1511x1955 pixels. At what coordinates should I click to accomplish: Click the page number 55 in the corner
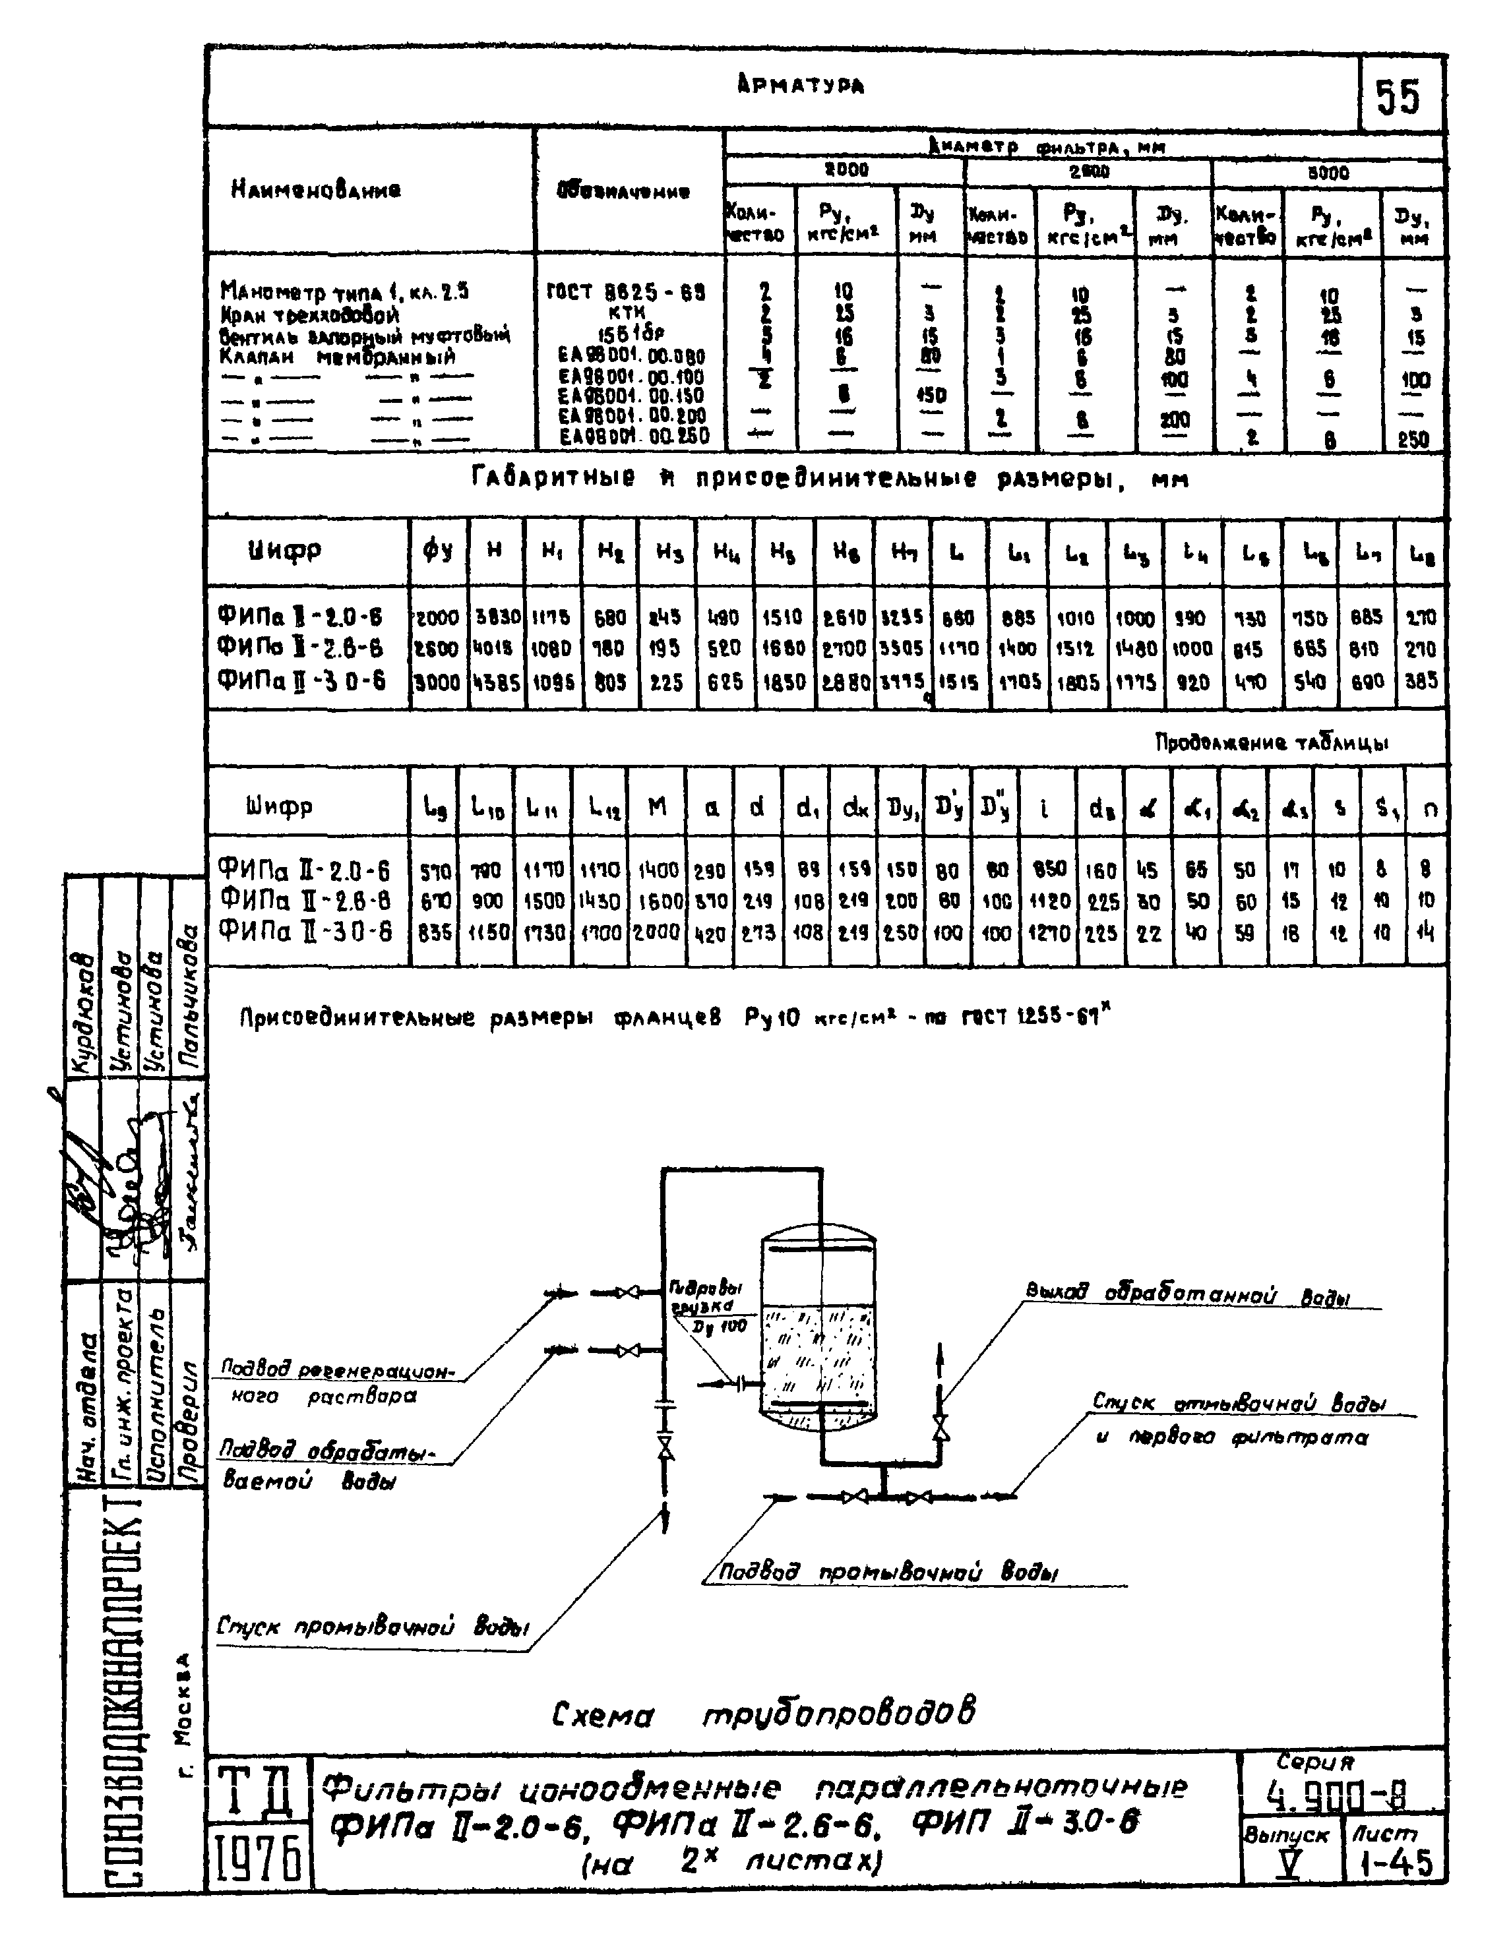[1398, 97]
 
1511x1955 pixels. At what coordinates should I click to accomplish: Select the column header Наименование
[316, 190]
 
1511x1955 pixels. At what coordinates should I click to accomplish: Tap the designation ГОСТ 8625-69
[626, 292]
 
